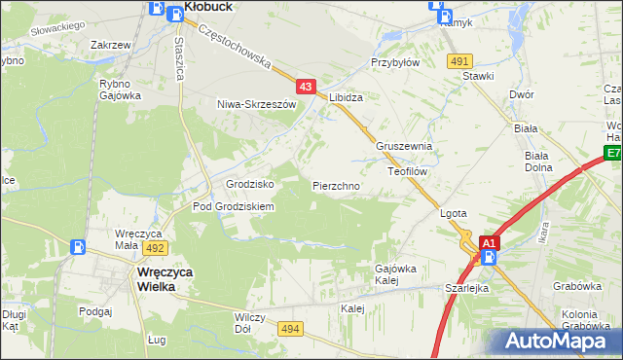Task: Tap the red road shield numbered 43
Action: click(306, 88)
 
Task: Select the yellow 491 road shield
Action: click(460, 60)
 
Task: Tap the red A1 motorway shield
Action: click(490, 242)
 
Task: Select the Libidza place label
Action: click(346, 98)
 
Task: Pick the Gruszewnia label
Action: click(404, 146)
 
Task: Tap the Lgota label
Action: click(455, 213)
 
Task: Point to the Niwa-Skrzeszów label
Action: click(256, 104)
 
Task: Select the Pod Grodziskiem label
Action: click(234, 206)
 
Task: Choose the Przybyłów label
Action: click(394, 61)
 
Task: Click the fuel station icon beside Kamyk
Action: click(444, 17)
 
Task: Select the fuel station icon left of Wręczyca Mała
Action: click(76, 247)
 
